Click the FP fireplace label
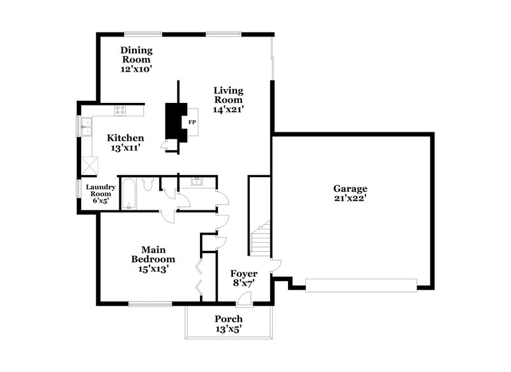click(x=191, y=121)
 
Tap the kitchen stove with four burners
click(x=121, y=111)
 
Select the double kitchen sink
click(x=84, y=127)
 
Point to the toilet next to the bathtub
click(x=148, y=186)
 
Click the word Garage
click(x=350, y=189)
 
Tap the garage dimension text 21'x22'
click(x=350, y=199)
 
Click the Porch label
click(x=228, y=319)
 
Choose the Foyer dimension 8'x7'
click(x=243, y=284)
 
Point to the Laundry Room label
click(x=101, y=190)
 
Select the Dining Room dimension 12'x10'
click(x=136, y=68)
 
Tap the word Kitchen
click(x=125, y=138)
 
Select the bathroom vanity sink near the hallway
click(x=197, y=181)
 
